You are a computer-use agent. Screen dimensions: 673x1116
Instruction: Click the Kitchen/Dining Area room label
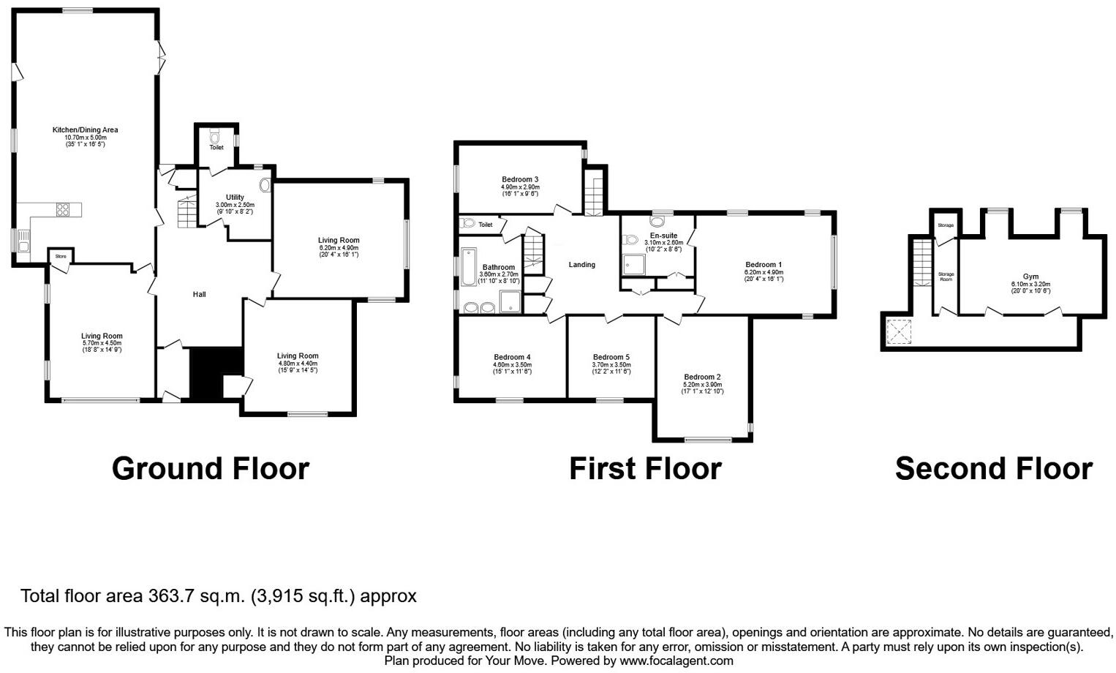coord(85,130)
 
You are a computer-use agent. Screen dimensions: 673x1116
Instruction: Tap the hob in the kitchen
coord(63,210)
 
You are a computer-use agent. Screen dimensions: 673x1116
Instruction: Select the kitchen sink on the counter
coord(23,241)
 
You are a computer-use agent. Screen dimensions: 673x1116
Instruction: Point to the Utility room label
coord(235,197)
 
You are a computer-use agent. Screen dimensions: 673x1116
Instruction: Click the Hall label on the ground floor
coord(199,294)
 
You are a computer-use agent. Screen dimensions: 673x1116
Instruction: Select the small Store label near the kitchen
coord(61,256)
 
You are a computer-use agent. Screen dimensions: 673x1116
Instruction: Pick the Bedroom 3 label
coord(520,179)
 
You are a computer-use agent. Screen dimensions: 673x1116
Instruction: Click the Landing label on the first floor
coord(582,265)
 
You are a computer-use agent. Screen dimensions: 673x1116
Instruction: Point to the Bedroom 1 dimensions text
coord(764,275)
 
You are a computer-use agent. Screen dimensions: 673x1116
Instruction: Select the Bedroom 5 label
coord(611,357)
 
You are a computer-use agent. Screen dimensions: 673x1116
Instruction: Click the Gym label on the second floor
coord(1030,277)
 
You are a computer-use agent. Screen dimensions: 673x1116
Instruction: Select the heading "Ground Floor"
coord(211,468)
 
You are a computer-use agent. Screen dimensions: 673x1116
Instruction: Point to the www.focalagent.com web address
coord(676,661)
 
